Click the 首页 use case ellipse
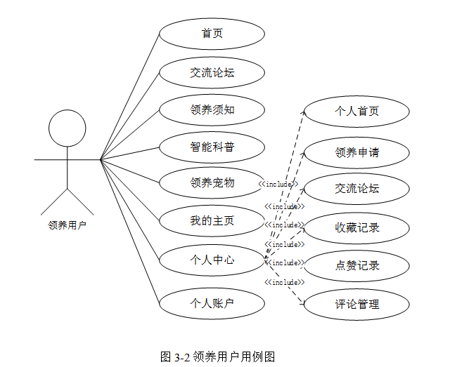click(212, 34)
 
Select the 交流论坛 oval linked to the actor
click(212, 72)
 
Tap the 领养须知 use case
click(212, 110)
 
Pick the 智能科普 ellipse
click(212, 147)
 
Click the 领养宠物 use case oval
click(212, 183)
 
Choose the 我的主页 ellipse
click(212, 221)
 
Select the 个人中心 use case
click(212, 260)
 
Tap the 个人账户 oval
click(212, 304)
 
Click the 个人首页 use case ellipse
click(356, 112)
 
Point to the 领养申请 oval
click(356, 153)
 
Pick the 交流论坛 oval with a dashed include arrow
click(356, 189)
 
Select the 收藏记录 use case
click(356, 228)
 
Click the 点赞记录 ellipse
click(356, 266)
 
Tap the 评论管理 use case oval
click(356, 305)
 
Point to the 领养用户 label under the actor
click(67, 225)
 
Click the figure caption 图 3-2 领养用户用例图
click(217, 356)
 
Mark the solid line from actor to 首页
click(130, 97)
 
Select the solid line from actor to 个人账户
click(130, 232)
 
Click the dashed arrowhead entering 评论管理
click(302, 304)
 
